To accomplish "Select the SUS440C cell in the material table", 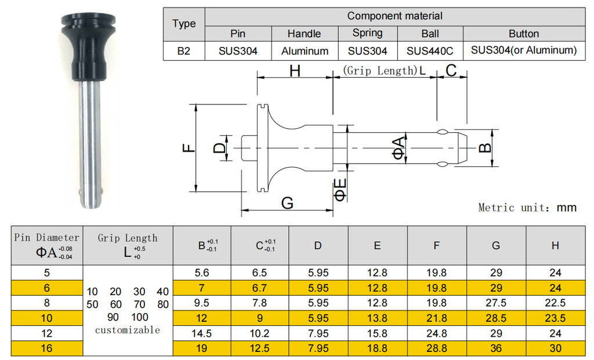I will [x=430, y=51].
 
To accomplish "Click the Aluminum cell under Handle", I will [x=305, y=51].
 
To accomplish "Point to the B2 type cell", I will [x=184, y=51].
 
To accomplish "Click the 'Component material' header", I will [x=394, y=16].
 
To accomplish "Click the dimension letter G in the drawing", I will [x=287, y=203].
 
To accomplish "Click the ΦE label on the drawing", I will [x=341, y=190].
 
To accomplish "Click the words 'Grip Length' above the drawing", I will [x=380, y=71].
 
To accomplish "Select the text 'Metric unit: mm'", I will [x=527, y=208].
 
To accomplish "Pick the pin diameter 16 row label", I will [x=47, y=348].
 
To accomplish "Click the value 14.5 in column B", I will [x=202, y=333].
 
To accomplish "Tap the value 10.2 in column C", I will [x=260, y=333].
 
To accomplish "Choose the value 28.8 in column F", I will [x=436, y=348].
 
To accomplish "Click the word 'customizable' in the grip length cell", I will [x=128, y=330].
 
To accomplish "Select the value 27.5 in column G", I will [x=495, y=303].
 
